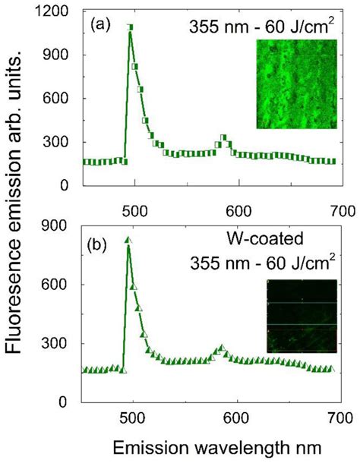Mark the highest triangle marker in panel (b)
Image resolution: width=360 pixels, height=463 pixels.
(128, 240)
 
